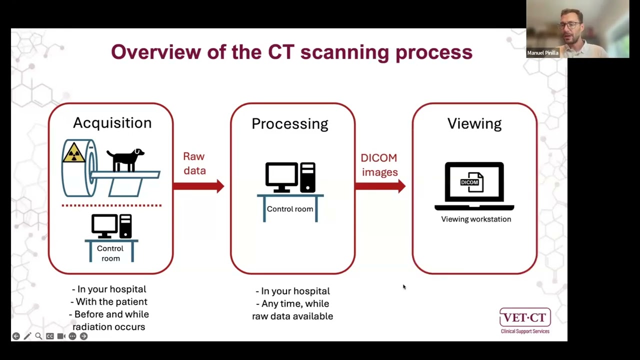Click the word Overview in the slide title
coord(155,52)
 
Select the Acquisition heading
coord(112,123)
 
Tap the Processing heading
coord(289,124)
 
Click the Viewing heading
coord(474,124)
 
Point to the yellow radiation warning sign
coord(73,153)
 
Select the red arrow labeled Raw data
coord(198,186)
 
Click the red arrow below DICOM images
coord(380,186)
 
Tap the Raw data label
coord(194,163)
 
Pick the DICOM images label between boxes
coord(379,165)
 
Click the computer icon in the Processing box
coord(290,177)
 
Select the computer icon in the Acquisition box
coord(111,226)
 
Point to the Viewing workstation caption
coord(476,219)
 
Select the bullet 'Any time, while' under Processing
coord(292,303)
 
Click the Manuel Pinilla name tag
coord(542,53)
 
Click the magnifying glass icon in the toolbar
coord(38,336)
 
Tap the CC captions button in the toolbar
coord(50,336)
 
